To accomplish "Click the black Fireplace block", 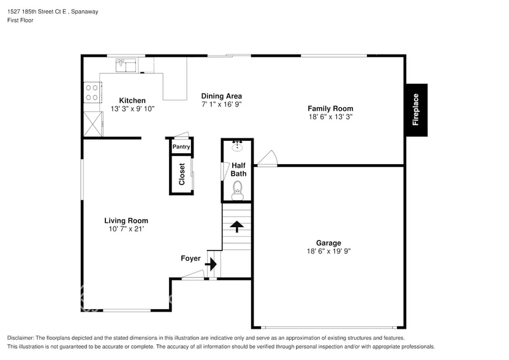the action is (x=417, y=110).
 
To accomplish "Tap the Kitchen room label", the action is (x=132, y=100).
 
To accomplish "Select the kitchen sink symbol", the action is (x=126, y=65).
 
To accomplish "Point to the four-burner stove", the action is (x=92, y=92).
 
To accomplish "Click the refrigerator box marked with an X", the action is (x=93, y=124).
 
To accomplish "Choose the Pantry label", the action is (x=181, y=147).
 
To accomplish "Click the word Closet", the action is (x=182, y=174).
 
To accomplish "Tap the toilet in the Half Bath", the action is (x=237, y=190).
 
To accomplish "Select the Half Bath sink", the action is (x=238, y=146).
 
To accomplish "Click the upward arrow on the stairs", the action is (x=236, y=227).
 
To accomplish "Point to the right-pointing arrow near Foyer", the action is (x=211, y=264).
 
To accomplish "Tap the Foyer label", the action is (x=190, y=258).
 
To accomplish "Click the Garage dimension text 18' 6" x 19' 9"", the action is (x=328, y=251).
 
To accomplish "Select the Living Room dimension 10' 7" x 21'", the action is (x=126, y=229).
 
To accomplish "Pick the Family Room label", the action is (x=331, y=109).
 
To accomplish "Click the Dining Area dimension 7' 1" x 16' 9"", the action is (x=221, y=104).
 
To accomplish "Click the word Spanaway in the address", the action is (x=85, y=12).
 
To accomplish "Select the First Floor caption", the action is (x=20, y=20).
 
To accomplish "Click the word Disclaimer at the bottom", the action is (x=20, y=338).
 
